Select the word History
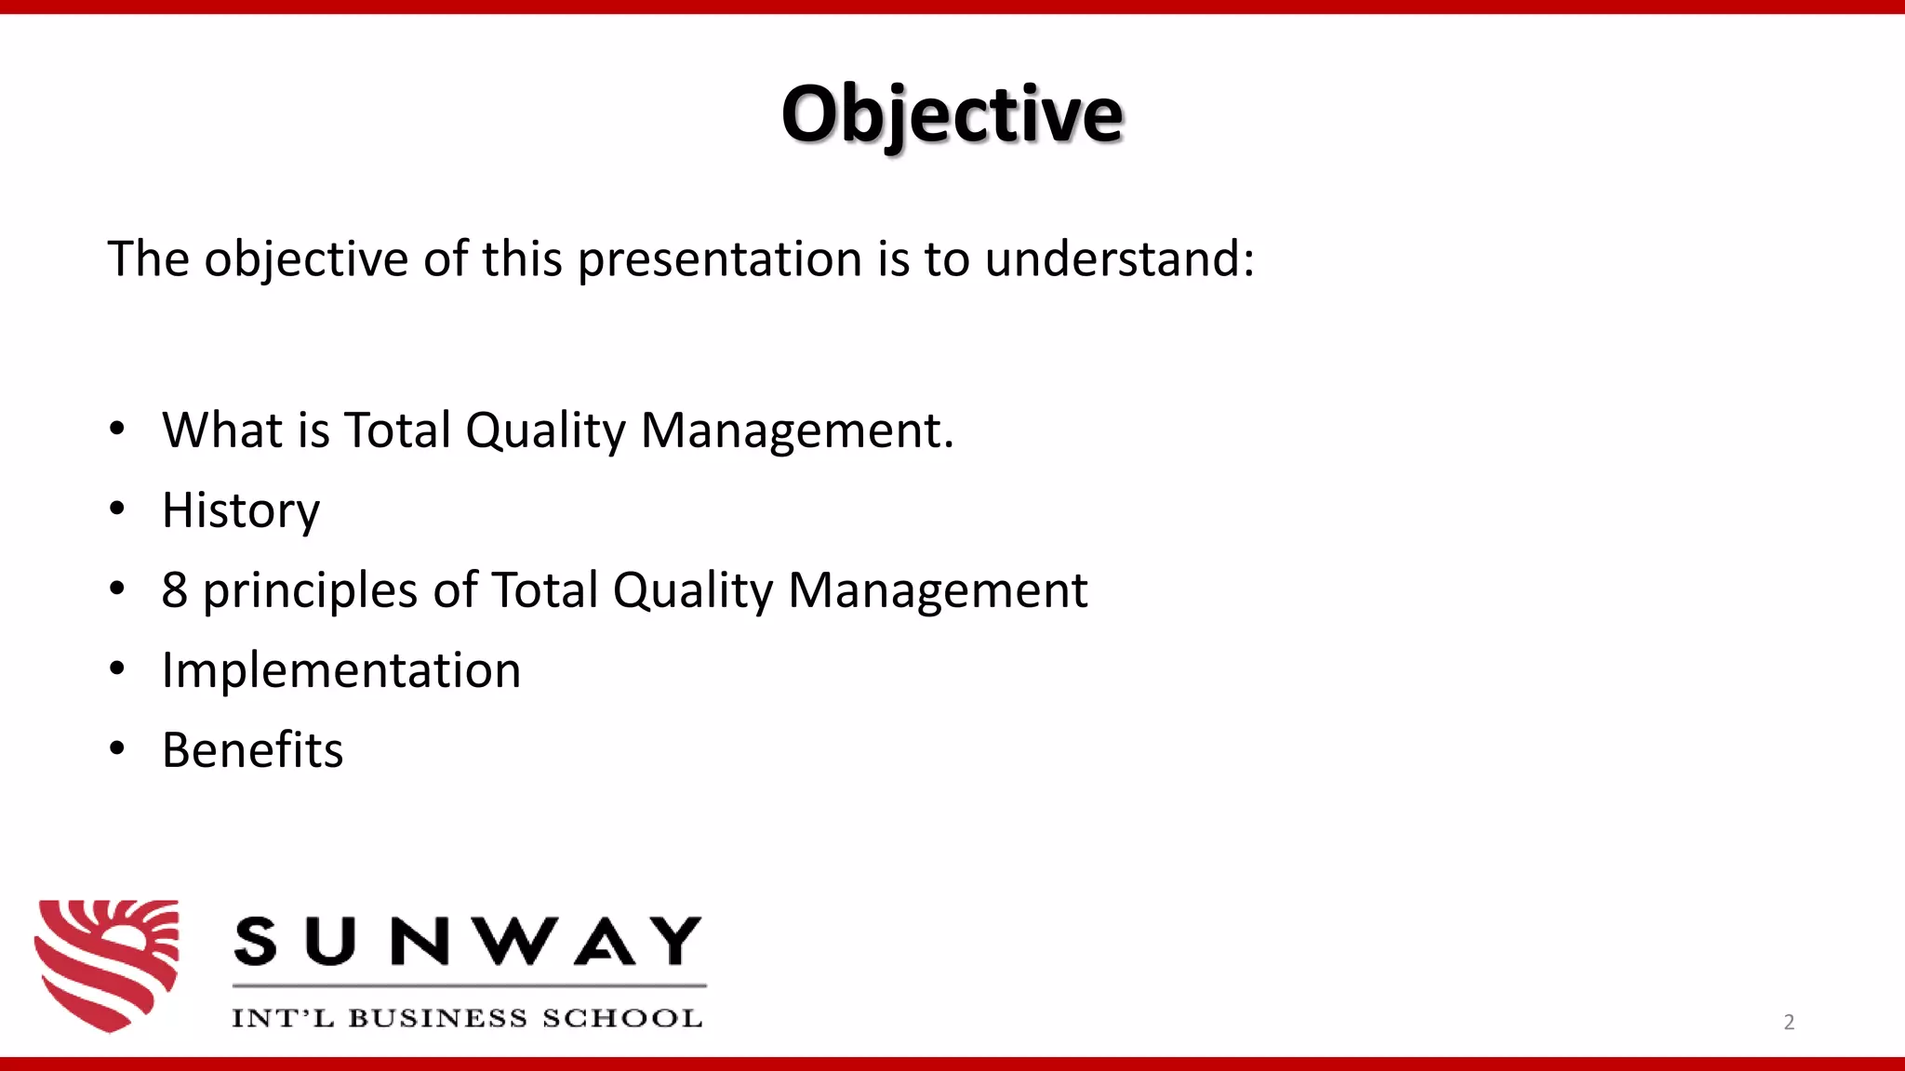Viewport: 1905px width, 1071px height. point(241,510)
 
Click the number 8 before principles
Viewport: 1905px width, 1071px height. point(174,590)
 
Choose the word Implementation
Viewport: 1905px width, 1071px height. point(341,670)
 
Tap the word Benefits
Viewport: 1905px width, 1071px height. point(252,750)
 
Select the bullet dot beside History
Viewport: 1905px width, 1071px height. point(116,509)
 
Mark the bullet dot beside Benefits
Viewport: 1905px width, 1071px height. point(116,749)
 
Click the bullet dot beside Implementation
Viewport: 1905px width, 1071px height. point(116,669)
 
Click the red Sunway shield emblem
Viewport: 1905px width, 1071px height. point(107,964)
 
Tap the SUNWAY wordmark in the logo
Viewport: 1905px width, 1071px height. point(468,941)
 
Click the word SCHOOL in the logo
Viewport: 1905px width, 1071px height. point(621,1018)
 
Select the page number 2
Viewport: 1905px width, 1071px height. point(1789,1023)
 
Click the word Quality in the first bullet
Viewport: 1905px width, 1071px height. point(546,432)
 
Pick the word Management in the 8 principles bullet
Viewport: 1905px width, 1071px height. point(938,591)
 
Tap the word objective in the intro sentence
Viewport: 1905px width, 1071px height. point(306,260)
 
